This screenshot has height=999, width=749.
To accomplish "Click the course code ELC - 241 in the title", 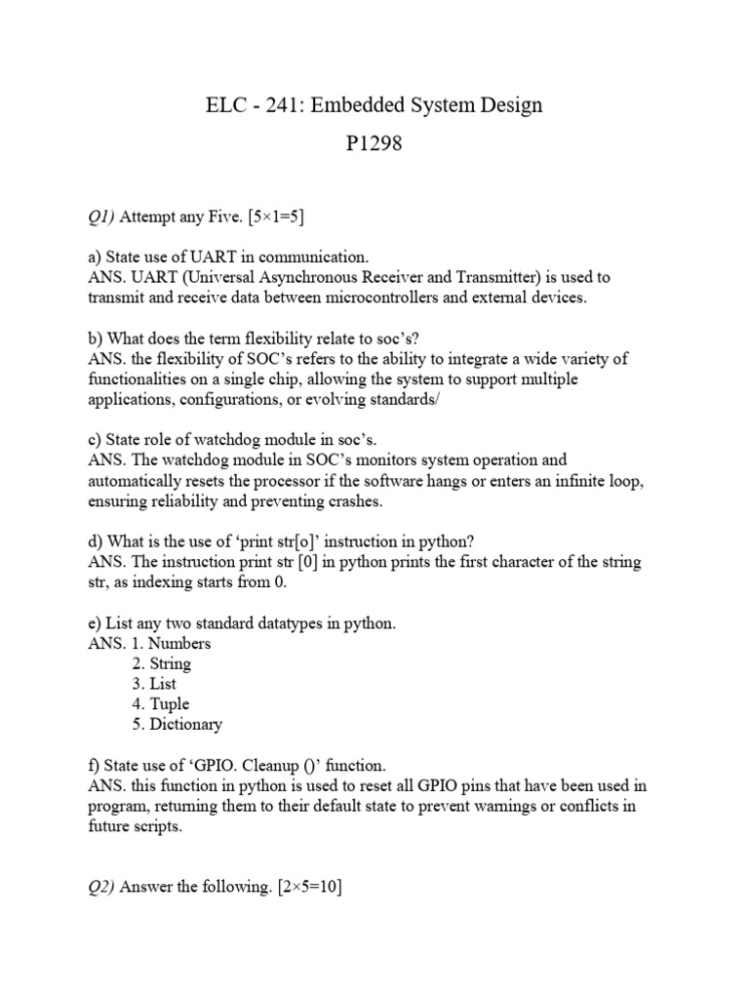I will [x=249, y=105].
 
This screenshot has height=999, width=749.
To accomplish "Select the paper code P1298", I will [x=374, y=145].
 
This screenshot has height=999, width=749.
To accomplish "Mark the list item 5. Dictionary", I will [x=177, y=724].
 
